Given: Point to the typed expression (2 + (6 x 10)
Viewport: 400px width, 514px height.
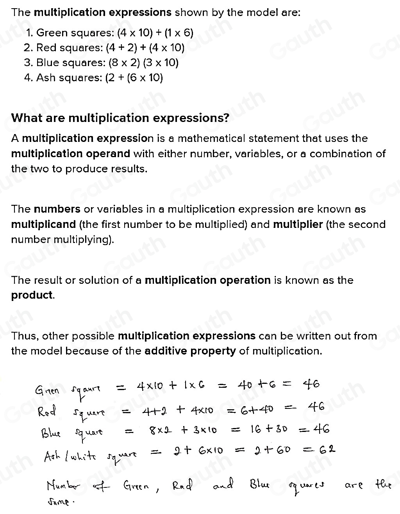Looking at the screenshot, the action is (x=134, y=77).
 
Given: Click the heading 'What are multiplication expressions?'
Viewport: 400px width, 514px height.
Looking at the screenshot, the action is (x=120, y=118).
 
